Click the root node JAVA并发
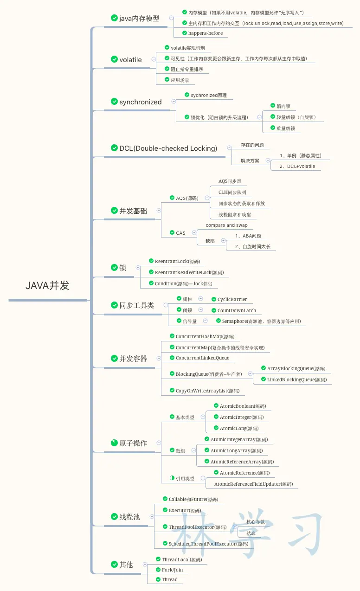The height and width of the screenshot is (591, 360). tap(47, 286)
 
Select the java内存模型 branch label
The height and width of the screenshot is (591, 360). tap(139, 19)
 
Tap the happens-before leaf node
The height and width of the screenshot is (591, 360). tap(205, 33)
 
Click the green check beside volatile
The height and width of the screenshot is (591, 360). tap(115, 59)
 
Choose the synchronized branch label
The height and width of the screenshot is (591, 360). tap(141, 102)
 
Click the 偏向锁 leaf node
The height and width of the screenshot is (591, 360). tap(283, 106)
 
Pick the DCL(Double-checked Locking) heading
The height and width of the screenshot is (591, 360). tap(168, 148)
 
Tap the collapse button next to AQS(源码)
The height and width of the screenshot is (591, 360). tap(207, 198)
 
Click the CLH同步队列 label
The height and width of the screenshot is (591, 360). tap(232, 193)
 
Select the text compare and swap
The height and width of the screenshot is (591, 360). tap(226, 225)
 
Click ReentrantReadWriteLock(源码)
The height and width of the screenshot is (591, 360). tap(189, 273)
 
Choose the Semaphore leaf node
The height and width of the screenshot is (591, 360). tap(261, 321)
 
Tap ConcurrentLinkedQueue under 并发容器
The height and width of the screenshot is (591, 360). tap(202, 358)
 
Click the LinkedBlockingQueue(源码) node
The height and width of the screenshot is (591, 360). tap(296, 380)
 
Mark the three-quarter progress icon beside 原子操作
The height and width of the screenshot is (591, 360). tap(115, 443)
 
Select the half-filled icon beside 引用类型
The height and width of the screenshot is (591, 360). tap(172, 477)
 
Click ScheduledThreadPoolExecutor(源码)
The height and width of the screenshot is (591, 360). tap(208, 544)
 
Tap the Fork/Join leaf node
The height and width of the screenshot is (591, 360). tap(172, 570)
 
